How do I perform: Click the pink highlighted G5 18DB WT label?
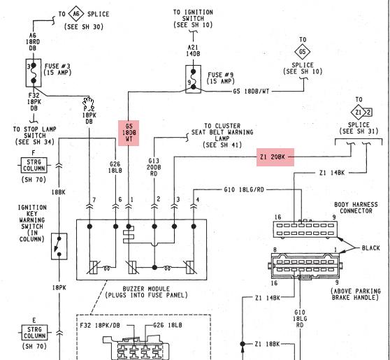pos(129,131)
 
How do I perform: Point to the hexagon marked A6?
pos(73,13)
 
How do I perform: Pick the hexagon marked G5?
pos(303,51)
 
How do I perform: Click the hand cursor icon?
pos(89,103)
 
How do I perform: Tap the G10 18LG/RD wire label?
pos(243,189)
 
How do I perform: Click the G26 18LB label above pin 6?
pos(115,168)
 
